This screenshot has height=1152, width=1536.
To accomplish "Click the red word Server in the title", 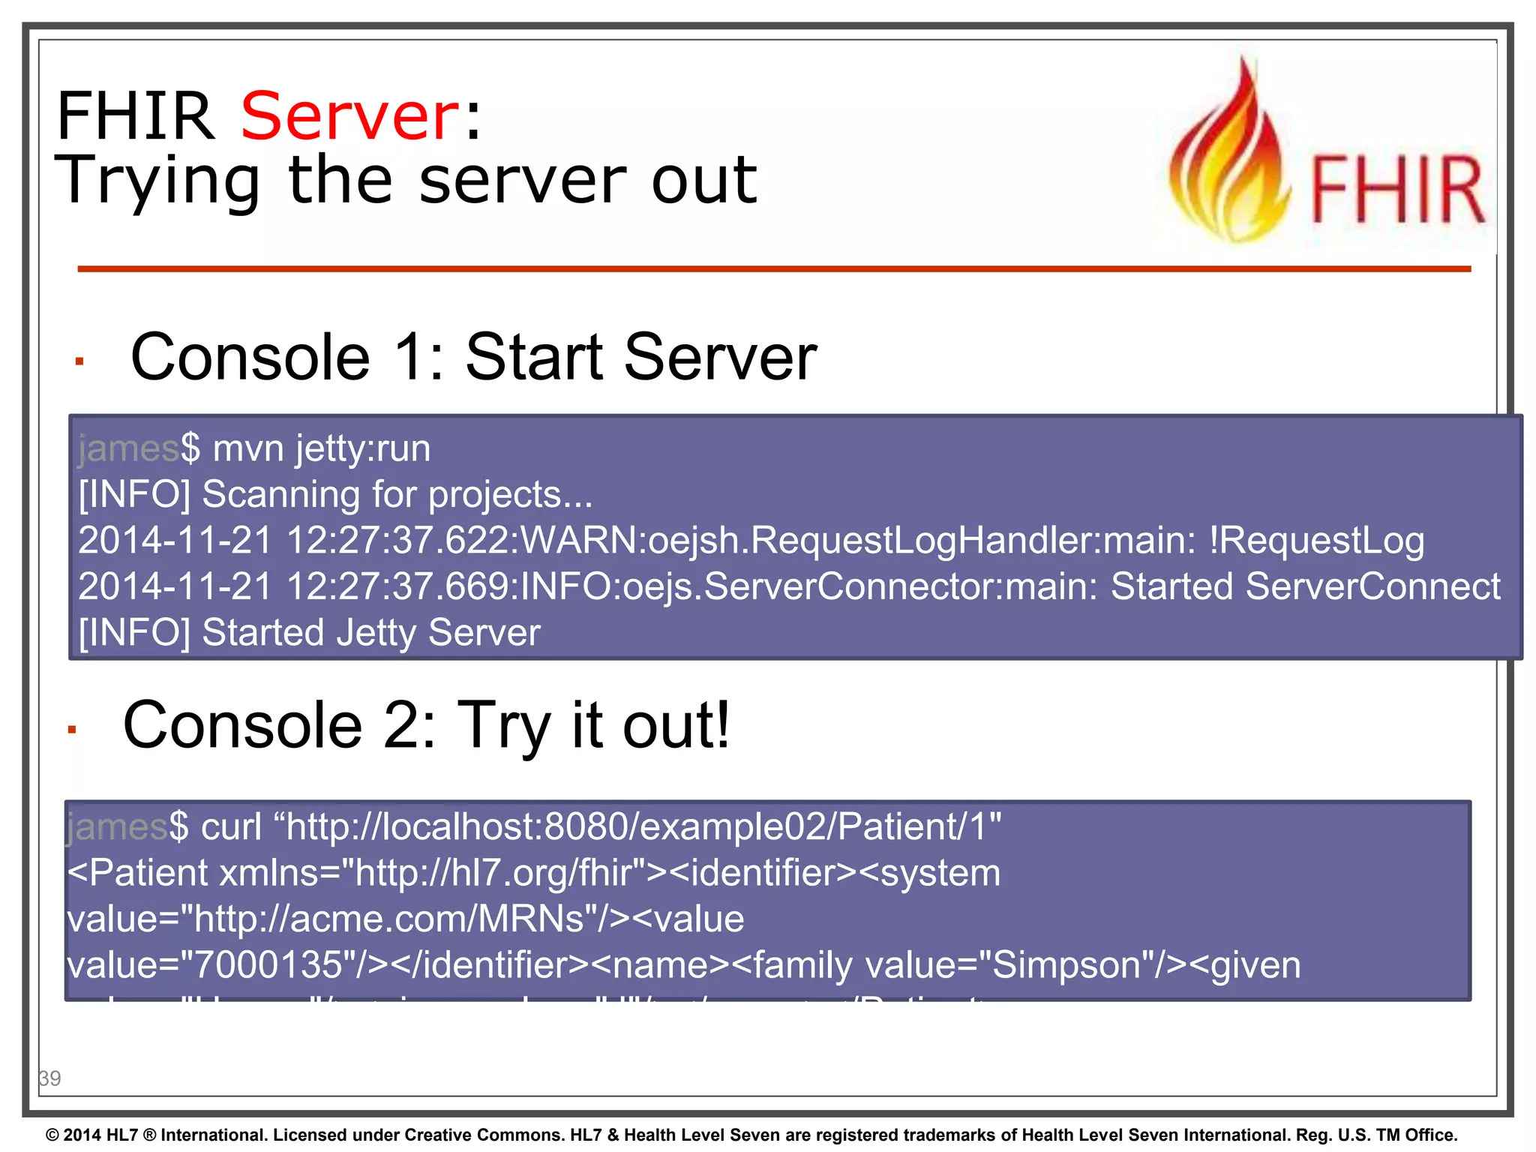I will pos(349,116).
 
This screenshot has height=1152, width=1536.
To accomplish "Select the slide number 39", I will pos(49,1078).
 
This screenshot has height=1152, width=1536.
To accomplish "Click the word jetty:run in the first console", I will pos(363,449).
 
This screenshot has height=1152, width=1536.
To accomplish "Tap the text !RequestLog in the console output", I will pos(1316,541).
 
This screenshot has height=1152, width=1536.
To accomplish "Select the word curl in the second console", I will pos(232,827).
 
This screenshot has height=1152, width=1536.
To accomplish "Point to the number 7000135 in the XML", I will pos(268,965).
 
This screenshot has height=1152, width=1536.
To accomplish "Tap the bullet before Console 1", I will pos(79,361).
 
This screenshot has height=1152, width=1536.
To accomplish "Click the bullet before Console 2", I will pos(72,729).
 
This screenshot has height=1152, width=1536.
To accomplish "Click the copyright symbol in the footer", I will pos(52,1135).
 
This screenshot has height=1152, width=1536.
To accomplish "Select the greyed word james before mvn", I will pos(128,449).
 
